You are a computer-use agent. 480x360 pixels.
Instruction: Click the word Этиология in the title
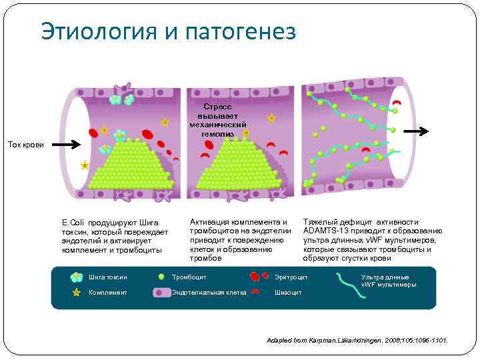tap(98, 31)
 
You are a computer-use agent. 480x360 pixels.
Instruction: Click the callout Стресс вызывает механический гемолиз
tap(217, 120)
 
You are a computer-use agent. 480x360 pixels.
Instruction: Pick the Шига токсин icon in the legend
tap(77, 277)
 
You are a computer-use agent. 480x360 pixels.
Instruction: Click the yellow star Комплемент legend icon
tap(77, 292)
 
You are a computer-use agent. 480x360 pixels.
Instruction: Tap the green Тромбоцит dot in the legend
tap(161, 277)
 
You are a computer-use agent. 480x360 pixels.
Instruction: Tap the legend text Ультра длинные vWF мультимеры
tap(388, 281)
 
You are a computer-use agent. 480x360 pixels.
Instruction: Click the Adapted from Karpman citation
tap(357, 340)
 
